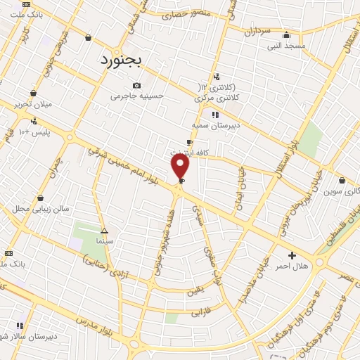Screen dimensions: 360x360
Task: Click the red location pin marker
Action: pyautogui.click(x=181, y=167)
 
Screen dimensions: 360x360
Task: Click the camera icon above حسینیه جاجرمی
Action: pyautogui.click(x=136, y=86)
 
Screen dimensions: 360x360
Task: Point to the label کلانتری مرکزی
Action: pyautogui.click(x=216, y=97)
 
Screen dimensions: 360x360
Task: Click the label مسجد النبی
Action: pyautogui.click(x=285, y=46)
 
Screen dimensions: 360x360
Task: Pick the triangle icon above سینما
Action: pyautogui.click(x=104, y=231)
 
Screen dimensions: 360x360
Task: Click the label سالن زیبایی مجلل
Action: pyautogui.click(x=39, y=210)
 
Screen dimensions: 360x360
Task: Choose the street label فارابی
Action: pyautogui.click(x=201, y=310)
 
